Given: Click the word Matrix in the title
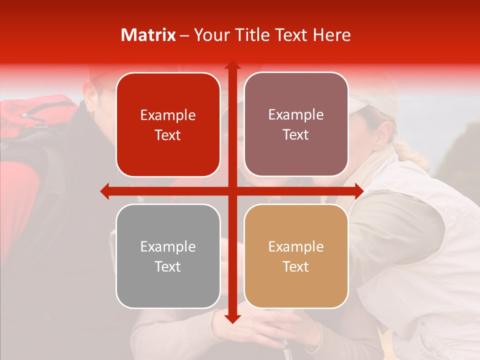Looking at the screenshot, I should [148, 35].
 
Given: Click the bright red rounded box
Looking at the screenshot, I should [168, 124].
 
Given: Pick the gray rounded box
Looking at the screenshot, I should [168, 256].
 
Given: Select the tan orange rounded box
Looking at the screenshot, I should [296, 256].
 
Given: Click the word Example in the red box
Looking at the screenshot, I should [168, 115].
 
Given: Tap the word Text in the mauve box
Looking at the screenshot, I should [296, 135].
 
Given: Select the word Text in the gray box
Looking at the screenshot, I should [168, 266].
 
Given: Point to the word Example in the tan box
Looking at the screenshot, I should [296, 246].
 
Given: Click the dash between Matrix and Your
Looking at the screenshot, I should [184, 35].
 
